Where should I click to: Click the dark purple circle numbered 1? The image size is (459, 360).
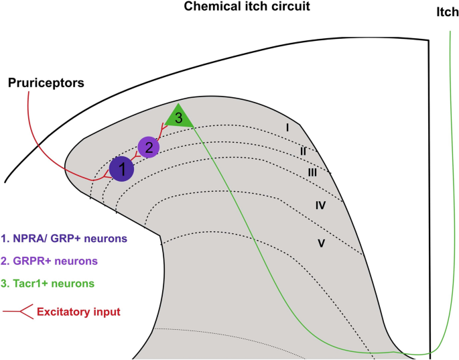[x=121, y=168]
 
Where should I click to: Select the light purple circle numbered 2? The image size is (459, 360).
[x=149, y=146]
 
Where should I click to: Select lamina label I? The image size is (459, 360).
[x=287, y=127]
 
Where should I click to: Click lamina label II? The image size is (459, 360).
[x=303, y=152]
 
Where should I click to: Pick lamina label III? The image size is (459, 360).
[x=312, y=172]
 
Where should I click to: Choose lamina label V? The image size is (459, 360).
[x=321, y=243]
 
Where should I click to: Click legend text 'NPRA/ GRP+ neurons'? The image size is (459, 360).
[x=64, y=238]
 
